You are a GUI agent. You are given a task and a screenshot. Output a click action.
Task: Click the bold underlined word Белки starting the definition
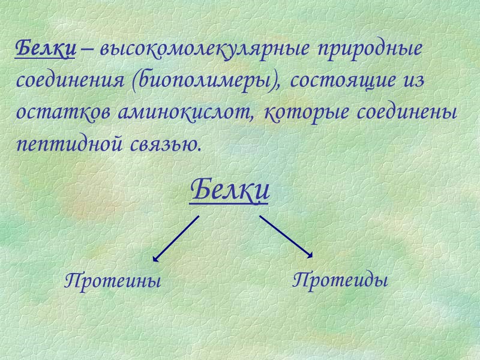(x=45, y=48)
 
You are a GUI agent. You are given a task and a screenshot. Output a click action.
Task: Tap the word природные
(x=370, y=49)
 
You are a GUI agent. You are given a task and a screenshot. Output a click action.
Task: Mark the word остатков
(x=61, y=113)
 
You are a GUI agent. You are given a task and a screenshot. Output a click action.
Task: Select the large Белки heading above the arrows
(x=230, y=191)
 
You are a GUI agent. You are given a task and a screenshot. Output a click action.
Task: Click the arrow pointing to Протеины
(x=176, y=238)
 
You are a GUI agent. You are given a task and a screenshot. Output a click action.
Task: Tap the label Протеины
(x=113, y=280)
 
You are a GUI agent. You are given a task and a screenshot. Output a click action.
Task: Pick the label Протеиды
(x=340, y=280)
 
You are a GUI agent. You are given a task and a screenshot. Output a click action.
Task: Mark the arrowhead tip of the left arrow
(x=154, y=261)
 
